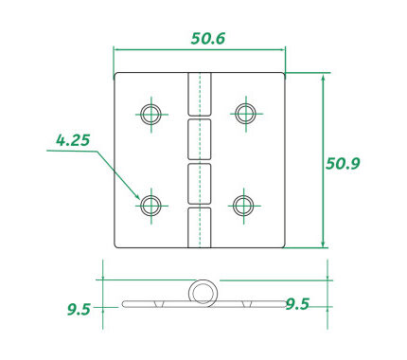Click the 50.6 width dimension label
(x=208, y=39)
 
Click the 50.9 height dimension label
(x=343, y=164)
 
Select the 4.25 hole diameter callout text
(x=73, y=140)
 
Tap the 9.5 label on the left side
(x=79, y=310)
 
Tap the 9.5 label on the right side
(x=297, y=304)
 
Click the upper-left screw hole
(x=151, y=114)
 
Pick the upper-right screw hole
(x=246, y=113)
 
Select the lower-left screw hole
(x=150, y=206)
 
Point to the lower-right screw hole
(x=243, y=206)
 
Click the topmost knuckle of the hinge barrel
(x=200, y=94)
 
